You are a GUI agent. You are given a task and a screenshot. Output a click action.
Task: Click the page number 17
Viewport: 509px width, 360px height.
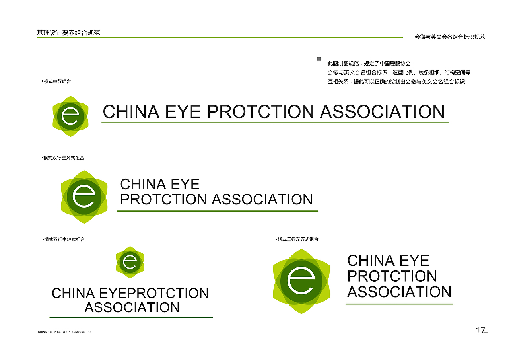(480, 331)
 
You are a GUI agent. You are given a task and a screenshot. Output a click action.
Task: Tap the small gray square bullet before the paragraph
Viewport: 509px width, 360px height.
(319, 59)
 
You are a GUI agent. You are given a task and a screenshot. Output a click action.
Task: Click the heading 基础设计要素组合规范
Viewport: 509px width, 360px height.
(68, 33)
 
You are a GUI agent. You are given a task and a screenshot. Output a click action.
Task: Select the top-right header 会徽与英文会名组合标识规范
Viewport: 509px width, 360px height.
(450, 37)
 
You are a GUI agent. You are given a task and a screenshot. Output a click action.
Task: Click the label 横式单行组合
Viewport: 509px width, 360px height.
(57, 81)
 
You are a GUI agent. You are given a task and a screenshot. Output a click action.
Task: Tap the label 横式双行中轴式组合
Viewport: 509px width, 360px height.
(64, 239)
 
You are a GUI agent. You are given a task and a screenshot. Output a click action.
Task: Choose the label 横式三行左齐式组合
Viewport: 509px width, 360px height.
(298, 239)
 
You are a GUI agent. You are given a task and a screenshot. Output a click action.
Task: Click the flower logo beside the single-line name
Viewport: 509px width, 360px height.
(70, 116)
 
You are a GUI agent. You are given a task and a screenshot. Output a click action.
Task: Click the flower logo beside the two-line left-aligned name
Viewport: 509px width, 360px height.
(84, 197)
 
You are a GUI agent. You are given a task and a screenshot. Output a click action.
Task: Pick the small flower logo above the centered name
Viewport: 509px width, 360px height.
(130, 262)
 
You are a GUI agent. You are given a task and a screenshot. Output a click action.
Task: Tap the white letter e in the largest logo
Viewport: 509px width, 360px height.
(301, 281)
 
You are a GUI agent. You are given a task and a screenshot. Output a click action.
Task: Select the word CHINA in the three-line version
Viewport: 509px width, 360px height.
(371, 261)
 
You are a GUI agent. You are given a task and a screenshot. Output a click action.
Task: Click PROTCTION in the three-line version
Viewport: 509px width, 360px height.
(392, 276)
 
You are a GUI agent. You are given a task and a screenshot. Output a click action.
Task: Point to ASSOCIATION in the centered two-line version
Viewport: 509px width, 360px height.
(132, 307)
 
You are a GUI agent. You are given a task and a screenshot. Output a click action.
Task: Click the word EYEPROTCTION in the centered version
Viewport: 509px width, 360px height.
(153, 293)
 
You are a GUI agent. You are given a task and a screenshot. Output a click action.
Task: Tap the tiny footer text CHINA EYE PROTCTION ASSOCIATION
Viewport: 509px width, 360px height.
(64, 332)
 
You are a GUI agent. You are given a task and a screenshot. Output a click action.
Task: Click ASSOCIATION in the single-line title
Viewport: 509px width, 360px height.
(382, 112)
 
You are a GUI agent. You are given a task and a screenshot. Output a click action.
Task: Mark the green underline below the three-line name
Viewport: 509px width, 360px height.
(399, 304)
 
